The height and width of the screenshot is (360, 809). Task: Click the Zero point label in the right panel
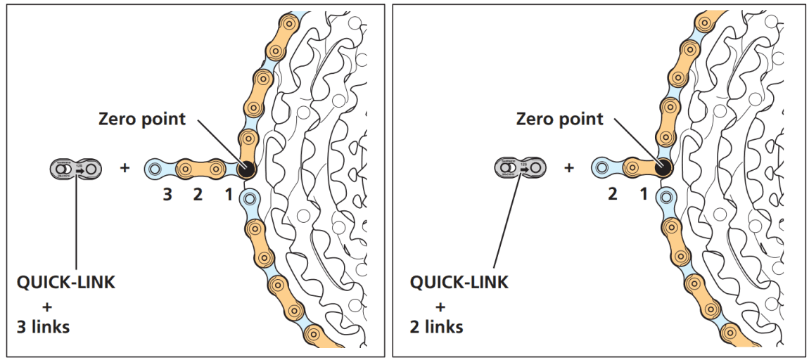click(x=559, y=118)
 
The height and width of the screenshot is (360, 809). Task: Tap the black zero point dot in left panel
click(x=246, y=169)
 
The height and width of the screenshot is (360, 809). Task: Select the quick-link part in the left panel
click(x=75, y=169)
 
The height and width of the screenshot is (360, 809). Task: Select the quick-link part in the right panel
click(x=521, y=167)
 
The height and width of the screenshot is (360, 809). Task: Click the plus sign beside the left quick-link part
click(x=125, y=169)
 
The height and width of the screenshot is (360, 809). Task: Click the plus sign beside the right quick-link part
click(x=569, y=168)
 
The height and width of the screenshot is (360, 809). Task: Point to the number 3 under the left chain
click(x=167, y=195)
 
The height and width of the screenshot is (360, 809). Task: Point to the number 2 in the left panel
click(x=198, y=195)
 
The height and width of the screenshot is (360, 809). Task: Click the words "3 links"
click(x=43, y=327)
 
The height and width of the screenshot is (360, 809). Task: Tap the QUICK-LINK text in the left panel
click(x=65, y=283)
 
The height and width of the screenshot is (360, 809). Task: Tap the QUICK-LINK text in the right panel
click(x=459, y=283)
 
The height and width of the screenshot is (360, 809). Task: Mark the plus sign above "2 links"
click(x=441, y=306)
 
